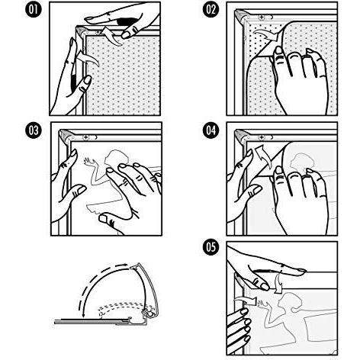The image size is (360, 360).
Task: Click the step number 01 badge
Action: [x=34, y=10]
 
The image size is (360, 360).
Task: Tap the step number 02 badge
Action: [x=211, y=10]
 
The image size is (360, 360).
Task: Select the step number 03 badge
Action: [x=34, y=130]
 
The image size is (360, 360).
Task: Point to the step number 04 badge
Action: [x=211, y=130]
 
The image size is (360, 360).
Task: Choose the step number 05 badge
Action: [x=211, y=246]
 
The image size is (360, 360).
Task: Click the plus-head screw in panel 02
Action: [x=262, y=18]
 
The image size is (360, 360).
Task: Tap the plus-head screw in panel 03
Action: [x=86, y=137]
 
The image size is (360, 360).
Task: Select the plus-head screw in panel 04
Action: [x=262, y=137]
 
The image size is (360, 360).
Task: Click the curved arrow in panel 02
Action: [x=267, y=35]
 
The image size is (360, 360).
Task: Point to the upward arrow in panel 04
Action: [x=262, y=156]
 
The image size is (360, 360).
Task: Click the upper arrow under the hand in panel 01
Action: [x=111, y=36]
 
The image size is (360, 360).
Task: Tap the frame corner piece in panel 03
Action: [x=66, y=135]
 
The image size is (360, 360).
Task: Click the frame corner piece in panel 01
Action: [x=82, y=32]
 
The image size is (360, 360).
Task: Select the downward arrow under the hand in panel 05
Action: [x=279, y=283]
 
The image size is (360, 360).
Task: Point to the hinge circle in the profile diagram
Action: [x=152, y=314]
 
